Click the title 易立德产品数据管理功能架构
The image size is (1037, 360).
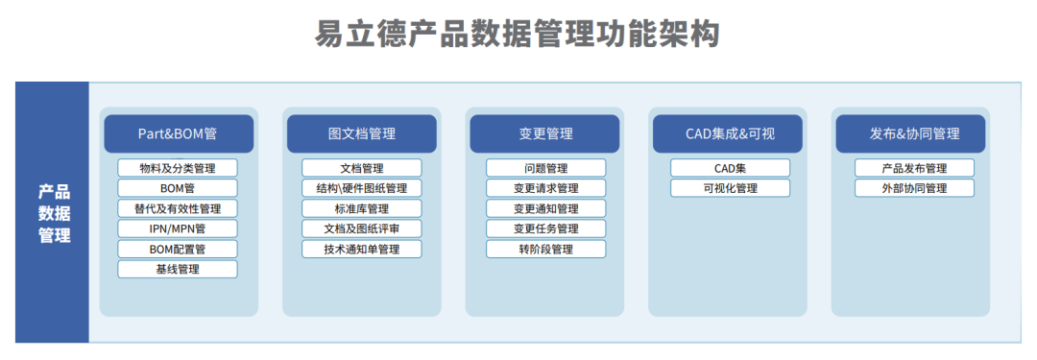click(x=518, y=35)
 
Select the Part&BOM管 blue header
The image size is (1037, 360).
click(x=178, y=133)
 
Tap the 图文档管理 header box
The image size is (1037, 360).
click(x=361, y=133)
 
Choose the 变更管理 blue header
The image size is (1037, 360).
click(x=544, y=133)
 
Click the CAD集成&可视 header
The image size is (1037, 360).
click(x=728, y=133)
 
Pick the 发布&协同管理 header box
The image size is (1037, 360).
click(x=913, y=133)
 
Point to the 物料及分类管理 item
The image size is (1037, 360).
click(x=178, y=168)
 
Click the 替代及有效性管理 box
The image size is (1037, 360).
click(x=178, y=208)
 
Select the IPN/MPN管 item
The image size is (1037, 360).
click(x=178, y=228)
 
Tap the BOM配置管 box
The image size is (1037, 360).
click(x=178, y=249)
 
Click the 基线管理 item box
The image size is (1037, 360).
click(x=178, y=269)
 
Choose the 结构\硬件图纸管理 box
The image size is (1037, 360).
click(x=361, y=188)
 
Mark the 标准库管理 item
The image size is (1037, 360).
click(x=361, y=208)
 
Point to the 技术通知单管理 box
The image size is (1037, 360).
click(x=361, y=249)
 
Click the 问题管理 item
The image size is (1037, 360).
click(x=545, y=168)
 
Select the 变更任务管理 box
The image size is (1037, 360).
click(x=545, y=228)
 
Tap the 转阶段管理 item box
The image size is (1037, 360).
click(x=545, y=249)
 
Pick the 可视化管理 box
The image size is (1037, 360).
click(x=730, y=188)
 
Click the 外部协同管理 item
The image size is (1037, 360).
click(x=914, y=188)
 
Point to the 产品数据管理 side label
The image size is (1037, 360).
click(x=54, y=212)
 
